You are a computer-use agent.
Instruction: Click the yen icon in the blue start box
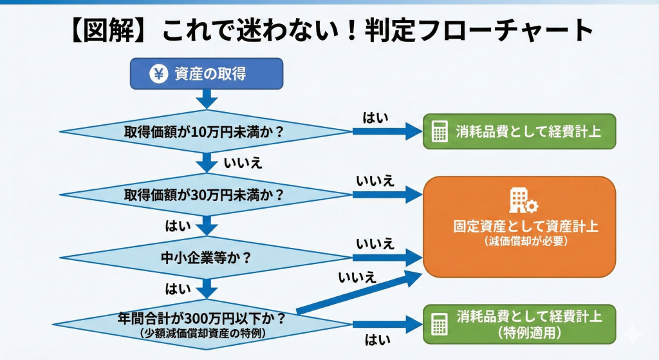(x=158, y=74)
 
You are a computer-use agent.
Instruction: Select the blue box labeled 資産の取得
(x=207, y=74)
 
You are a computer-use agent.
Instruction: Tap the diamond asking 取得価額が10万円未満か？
(x=205, y=131)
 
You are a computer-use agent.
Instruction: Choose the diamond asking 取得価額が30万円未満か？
(x=205, y=194)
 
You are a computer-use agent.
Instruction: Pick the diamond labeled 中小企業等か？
(x=205, y=258)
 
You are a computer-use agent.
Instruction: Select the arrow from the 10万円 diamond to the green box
(x=386, y=132)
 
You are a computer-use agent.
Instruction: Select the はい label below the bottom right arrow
(x=375, y=339)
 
